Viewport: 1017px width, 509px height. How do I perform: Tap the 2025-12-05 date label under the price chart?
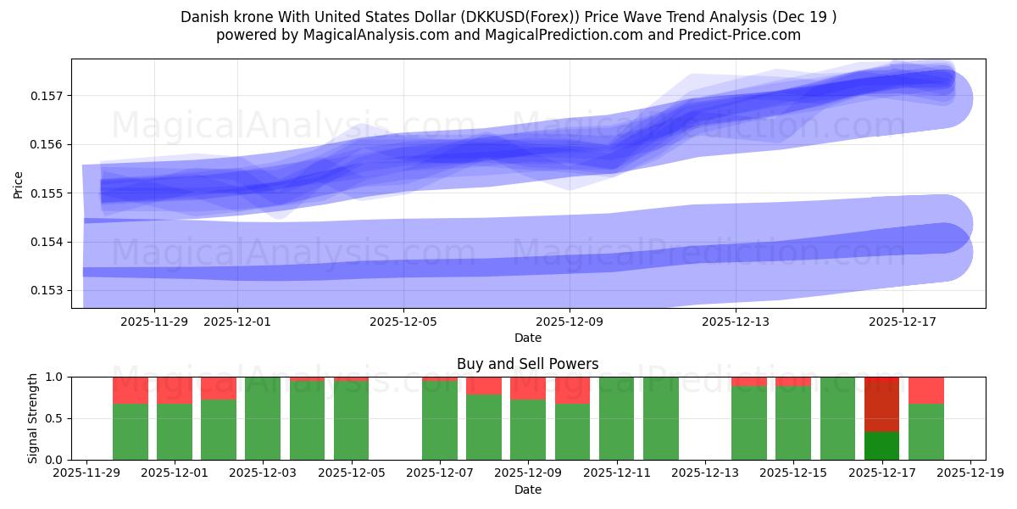[403, 322]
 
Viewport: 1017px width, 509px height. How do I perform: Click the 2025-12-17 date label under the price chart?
[902, 322]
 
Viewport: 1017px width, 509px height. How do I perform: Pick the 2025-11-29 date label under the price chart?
[154, 322]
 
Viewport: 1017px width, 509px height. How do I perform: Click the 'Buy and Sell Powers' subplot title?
[527, 364]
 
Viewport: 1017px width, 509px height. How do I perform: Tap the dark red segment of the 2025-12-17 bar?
[881, 404]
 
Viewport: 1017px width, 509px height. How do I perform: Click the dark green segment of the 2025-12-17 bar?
[881, 446]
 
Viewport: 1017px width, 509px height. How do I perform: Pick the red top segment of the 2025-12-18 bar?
[925, 390]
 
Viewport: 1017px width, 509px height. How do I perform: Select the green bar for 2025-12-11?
[616, 418]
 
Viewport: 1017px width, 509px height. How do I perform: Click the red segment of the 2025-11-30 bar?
[131, 390]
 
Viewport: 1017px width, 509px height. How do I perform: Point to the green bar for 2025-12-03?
[263, 418]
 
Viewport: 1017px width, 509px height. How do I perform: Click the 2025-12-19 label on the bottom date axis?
[970, 473]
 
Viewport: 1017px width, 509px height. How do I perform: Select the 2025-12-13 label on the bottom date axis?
[704, 473]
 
